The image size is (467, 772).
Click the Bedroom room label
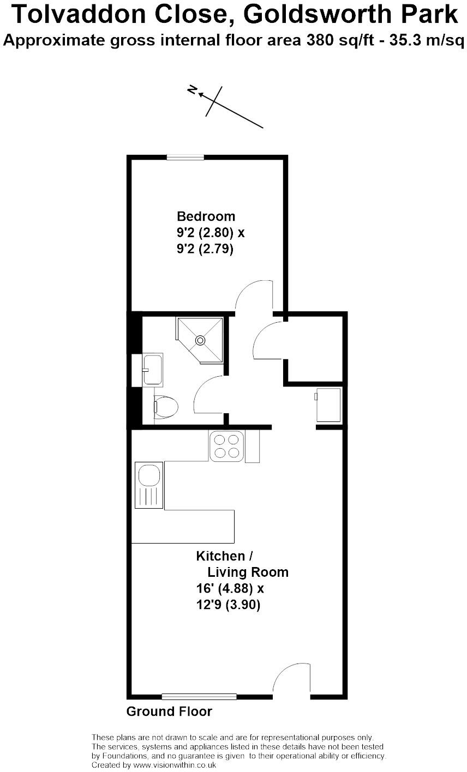[x=206, y=216]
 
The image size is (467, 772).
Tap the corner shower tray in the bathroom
[x=200, y=340]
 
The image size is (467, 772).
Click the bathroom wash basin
[x=152, y=370]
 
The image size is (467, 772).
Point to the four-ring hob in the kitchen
[x=226, y=445]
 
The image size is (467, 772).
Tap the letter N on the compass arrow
[x=192, y=90]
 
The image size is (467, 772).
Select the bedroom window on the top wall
[x=185, y=158]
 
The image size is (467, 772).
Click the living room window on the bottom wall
[x=199, y=696]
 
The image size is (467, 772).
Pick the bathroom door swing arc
[x=208, y=395]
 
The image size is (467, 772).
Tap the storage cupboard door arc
[x=267, y=340]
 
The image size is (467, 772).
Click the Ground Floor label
[x=169, y=711]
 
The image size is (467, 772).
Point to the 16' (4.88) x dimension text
[x=230, y=589]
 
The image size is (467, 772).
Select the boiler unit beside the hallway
[x=329, y=405]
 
